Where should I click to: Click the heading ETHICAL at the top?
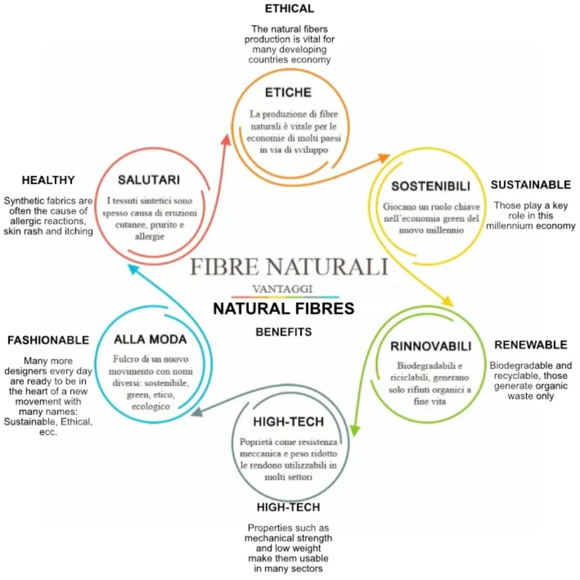[289, 9]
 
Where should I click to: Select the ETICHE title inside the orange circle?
[288, 93]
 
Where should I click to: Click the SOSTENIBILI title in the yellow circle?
[430, 186]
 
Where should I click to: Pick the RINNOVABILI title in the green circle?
[430, 347]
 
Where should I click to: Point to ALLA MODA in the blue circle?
[150, 339]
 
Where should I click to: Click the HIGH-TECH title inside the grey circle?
[288, 422]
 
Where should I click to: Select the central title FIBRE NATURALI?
[289, 267]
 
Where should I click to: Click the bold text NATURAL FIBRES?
[284, 309]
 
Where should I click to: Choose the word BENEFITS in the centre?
[284, 332]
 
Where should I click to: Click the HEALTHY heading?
[48, 180]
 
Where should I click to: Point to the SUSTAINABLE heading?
[531, 185]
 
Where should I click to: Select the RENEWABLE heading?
[531, 345]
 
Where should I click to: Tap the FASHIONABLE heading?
[48, 340]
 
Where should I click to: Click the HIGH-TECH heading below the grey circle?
[288, 507]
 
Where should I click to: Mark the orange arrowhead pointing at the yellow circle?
[383, 157]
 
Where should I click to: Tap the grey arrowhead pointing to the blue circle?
[197, 412]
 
